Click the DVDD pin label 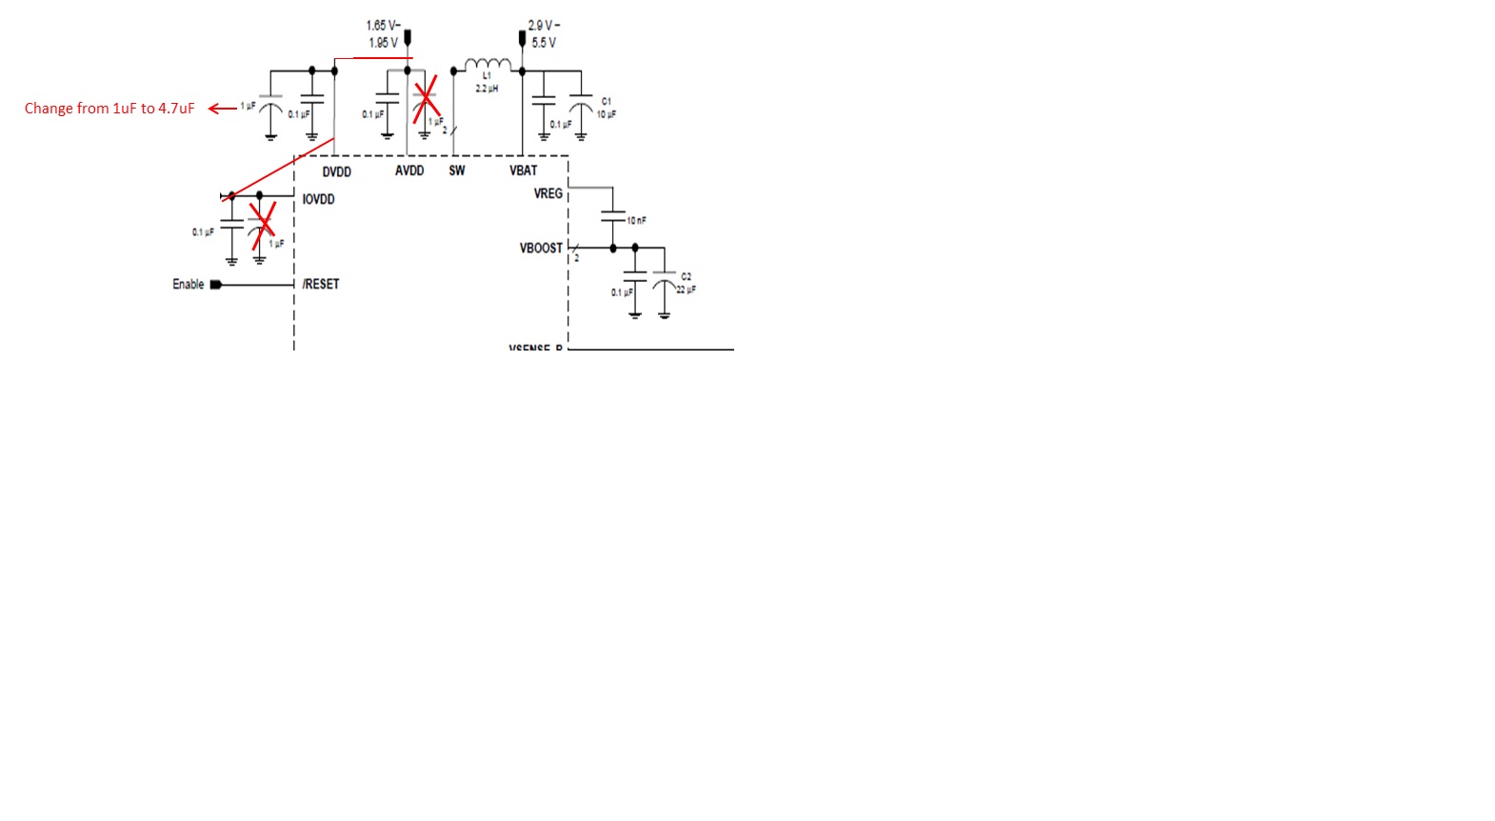point(336,172)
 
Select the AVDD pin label point(409,170)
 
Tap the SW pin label point(457,170)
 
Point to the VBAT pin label point(523,170)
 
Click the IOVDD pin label point(318,199)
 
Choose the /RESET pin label point(321,284)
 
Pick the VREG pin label point(548,193)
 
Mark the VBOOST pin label point(541,248)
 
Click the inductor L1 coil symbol point(488,64)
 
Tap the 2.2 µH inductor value point(487,89)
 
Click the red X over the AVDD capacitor point(425,99)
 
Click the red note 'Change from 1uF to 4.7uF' point(110,109)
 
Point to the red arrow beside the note point(222,109)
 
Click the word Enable point(188,284)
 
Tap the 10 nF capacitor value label point(636,221)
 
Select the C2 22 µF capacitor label point(686,283)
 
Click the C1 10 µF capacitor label point(606,108)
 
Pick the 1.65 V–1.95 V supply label point(383,34)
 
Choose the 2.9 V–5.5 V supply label point(545,34)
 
